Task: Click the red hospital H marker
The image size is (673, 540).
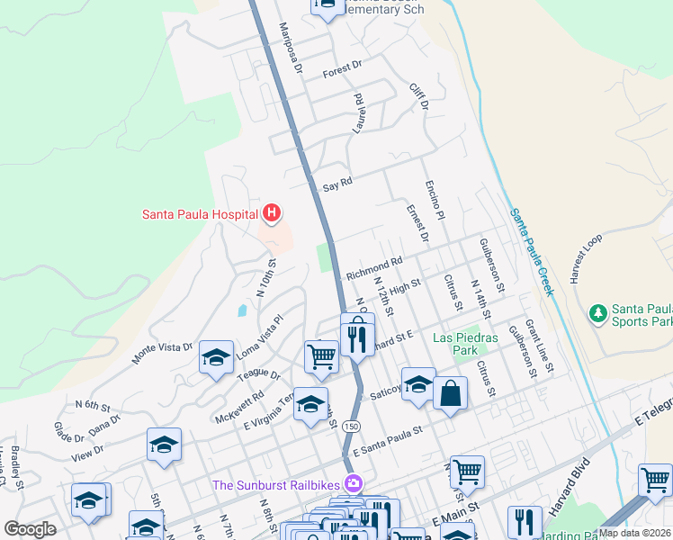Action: pos(272,214)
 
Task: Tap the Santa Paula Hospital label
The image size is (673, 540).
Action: pos(199,214)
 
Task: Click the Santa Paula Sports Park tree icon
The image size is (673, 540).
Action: pos(597,313)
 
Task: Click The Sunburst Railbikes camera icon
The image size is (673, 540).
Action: pos(354,484)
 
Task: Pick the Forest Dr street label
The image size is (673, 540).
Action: pos(342,66)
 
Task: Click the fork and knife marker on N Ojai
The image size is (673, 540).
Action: pos(357,337)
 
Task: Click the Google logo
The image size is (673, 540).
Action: pos(30,529)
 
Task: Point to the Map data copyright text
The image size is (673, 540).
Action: pos(633,533)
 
